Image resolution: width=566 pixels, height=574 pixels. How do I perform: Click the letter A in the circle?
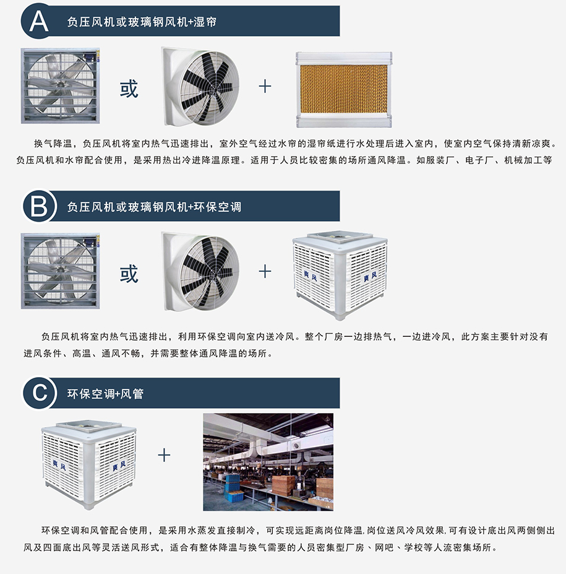[38, 21]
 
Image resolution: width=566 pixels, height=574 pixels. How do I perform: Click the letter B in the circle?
[38, 206]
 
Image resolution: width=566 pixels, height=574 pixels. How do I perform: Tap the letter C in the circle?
[38, 393]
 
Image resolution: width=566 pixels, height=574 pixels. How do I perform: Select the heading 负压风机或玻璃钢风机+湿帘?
[142, 22]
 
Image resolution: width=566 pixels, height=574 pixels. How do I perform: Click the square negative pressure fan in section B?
[60, 271]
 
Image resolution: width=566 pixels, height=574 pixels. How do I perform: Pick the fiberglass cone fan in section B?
[200, 271]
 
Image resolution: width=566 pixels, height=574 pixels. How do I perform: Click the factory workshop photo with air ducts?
[268, 461]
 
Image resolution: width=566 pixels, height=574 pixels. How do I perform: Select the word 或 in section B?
[129, 272]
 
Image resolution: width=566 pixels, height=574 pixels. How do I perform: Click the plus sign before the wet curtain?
[265, 86]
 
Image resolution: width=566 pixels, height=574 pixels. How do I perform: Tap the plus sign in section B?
[265, 271]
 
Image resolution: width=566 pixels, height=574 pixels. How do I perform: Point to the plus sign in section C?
[164, 456]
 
